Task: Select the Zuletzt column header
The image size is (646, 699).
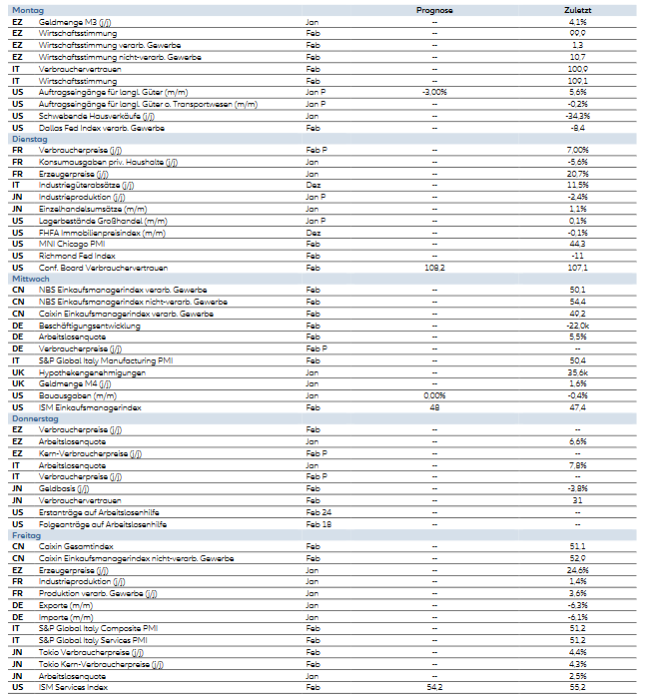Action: [x=577, y=10]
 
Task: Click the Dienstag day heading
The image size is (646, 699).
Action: [x=29, y=139]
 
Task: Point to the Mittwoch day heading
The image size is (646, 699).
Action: [x=30, y=279]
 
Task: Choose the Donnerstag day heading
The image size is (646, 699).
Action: [x=35, y=418]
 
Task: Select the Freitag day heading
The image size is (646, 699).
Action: [x=27, y=536]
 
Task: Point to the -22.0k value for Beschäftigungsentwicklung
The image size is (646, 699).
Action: [x=577, y=326]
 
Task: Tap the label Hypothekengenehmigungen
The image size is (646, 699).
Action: [x=92, y=372]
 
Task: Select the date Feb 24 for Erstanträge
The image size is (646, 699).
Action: [x=320, y=512]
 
